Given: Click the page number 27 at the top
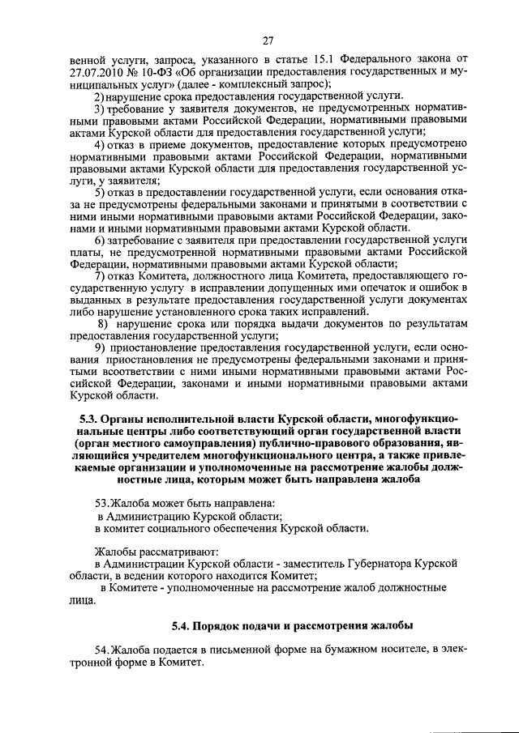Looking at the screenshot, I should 268,42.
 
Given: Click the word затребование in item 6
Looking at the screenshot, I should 145,241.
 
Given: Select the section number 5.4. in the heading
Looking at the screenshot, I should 186,626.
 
